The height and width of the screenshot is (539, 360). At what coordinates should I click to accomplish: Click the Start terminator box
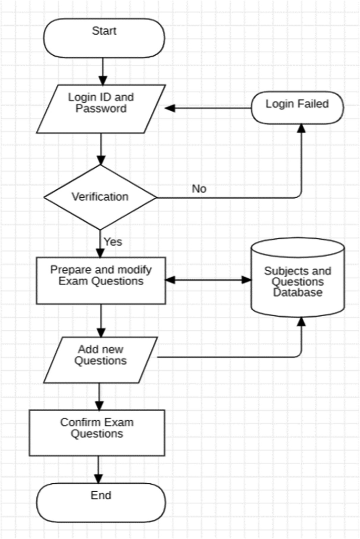click(104, 38)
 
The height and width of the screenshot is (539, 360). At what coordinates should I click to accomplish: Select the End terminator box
click(101, 502)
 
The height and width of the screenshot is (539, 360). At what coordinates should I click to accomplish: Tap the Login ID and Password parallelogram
click(101, 108)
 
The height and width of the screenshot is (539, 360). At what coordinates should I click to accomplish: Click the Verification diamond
click(100, 198)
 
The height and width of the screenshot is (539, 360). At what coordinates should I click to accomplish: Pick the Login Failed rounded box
click(297, 109)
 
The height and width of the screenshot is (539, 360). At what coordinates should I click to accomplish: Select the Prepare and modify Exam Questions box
click(101, 280)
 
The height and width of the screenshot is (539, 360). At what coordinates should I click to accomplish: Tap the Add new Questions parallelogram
click(100, 360)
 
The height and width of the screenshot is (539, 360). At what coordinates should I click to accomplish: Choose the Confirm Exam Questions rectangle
click(97, 433)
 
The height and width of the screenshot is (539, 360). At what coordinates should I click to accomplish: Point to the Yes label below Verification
click(112, 242)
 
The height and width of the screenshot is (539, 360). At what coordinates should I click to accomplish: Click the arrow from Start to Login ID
click(103, 70)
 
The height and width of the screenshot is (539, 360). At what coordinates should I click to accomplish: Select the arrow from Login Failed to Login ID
click(208, 108)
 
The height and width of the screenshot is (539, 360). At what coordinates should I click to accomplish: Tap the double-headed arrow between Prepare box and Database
click(209, 280)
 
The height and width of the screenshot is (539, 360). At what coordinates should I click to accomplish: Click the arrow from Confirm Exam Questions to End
click(98, 469)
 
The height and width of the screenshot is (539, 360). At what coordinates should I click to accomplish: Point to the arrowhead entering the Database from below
click(302, 322)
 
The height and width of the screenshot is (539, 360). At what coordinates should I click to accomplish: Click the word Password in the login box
click(101, 109)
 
